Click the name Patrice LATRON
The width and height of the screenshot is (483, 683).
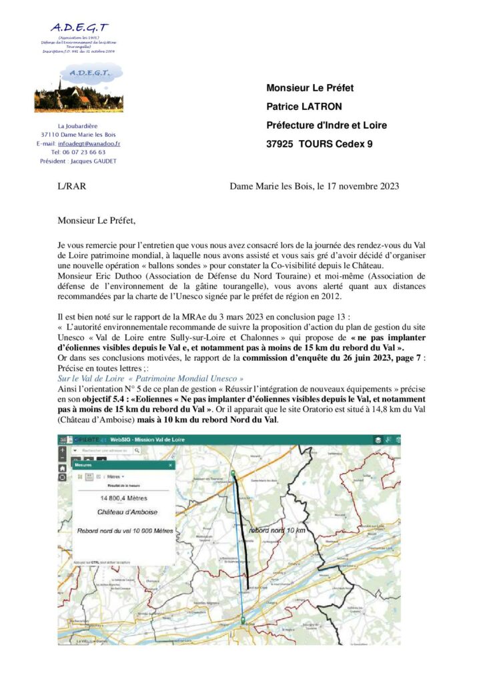click(300, 106)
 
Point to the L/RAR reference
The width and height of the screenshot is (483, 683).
click(72, 187)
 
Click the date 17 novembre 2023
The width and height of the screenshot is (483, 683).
click(363, 187)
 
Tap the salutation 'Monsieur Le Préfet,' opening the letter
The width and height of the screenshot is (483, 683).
click(101, 219)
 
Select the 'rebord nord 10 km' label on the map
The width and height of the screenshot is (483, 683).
click(277, 530)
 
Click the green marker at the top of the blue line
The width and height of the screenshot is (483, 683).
click(233, 473)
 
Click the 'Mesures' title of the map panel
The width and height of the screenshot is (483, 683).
click(83, 465)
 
